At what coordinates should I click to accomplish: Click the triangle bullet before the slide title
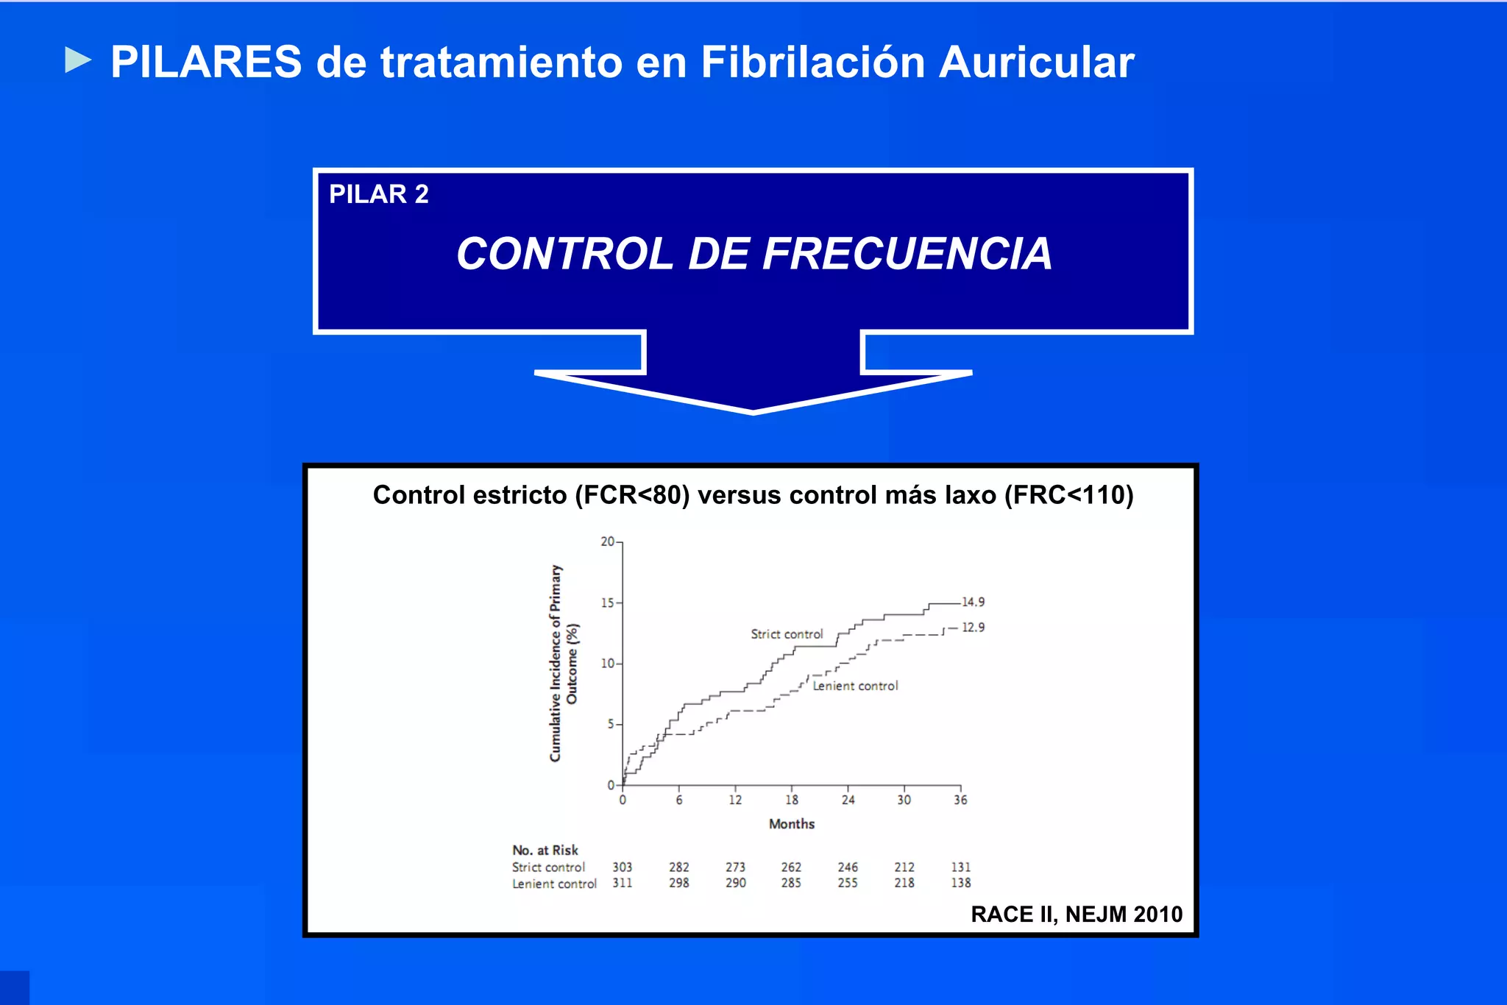tap(78, 60)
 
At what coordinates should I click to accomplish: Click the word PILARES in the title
tap(206, 62)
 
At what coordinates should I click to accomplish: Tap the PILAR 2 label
tap(378, 194)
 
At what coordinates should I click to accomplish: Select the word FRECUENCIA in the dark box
tap(907, 254)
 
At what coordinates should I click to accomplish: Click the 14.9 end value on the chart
tap(973, 603)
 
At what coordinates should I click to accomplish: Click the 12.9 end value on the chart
tap(973, 628)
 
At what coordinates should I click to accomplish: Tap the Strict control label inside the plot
tap(786, 634)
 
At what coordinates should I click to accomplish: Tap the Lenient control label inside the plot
tap(855, 686)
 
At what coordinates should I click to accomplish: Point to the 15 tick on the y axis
tap(607, 603)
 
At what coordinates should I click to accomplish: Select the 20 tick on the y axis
tap(607, 542)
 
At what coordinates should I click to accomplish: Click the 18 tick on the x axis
tap(792, 800)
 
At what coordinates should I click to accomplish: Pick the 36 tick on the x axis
tap(960, 800)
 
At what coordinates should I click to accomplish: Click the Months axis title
tap(792, 824)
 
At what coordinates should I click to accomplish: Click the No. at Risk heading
tap(545, 850)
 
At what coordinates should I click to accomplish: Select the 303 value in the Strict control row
tap(623, 867)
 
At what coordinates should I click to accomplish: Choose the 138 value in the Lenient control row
tap(961, 883)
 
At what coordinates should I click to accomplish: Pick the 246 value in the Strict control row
tap(848, 867)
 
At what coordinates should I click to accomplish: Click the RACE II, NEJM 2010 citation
tap(1077, 915)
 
